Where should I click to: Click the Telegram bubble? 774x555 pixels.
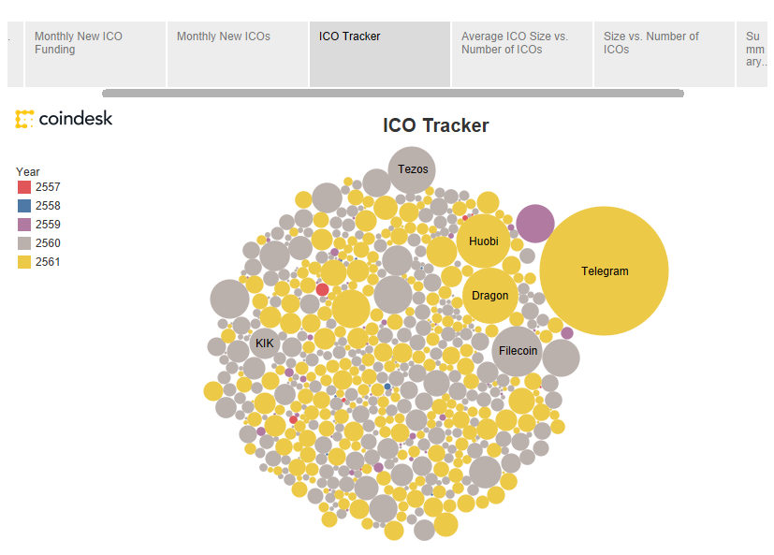[604, 271]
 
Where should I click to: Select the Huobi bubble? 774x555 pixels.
[483, 241]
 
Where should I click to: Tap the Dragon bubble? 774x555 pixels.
[489, 296]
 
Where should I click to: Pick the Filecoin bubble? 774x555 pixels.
[518, 351]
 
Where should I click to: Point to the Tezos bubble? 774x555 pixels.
[412, 169]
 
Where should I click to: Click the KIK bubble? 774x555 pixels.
[265, 343]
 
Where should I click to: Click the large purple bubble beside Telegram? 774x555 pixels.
[535, 224]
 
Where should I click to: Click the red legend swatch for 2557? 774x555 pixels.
[24, 187]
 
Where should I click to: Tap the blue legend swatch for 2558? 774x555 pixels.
[24, 206]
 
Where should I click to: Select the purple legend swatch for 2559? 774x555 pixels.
[24, 225]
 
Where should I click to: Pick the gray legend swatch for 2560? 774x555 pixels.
[24, 243]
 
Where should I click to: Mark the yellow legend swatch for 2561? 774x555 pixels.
[24, 262]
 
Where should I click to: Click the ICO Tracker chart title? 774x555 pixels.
[435, 125]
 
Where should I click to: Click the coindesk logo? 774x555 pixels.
[64, 119]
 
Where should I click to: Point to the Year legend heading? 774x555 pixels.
[28, 171]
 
